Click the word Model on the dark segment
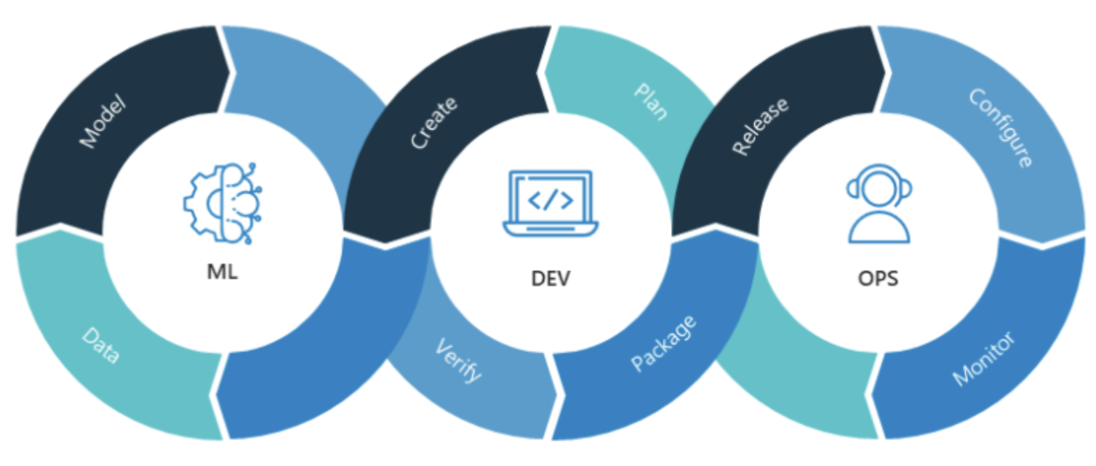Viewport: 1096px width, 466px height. pyautogui.click(x=103, y=122)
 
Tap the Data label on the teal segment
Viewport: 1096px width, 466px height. pyautogui.click(x=100, y=345)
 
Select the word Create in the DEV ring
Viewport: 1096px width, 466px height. pyautogui.click(x=434, y=123)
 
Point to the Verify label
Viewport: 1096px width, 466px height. pyautogui.click(x=458, y=360)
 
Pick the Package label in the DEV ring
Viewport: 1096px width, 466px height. pyautogui.click(x=663, y=343)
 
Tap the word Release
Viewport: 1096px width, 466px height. pyautogui.click(x=760, y=126)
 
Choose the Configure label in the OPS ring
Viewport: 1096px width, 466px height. pyautogui.click(x=1000, y=127)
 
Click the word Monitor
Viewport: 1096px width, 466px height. pyautogui.click(x=984, y=359)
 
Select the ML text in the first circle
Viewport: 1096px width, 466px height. pyautogui.click(x=222, y=271)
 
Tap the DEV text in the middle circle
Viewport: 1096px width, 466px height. pyautogui.click(x=550, y=278)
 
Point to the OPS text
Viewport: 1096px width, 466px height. pyautogui.click(x=877, y=278)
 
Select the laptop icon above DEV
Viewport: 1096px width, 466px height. pyautogui.click(x=551, y=203)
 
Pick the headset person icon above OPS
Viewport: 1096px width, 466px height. pyautogui.click(x=879, y=204)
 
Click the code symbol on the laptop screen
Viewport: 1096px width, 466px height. pyautogui.click(x=551, y=200)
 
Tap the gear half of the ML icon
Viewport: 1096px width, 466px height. pyautogui.click(x=202, y=203)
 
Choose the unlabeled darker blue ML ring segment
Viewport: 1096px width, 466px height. pyautogui.click(x=314, y=363)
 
